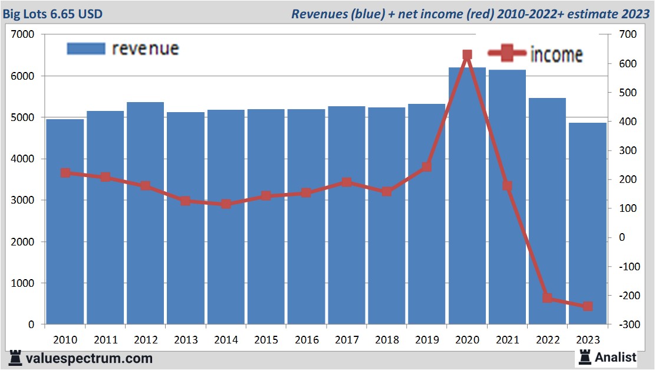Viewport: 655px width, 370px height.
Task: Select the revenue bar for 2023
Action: [x=587, y=224]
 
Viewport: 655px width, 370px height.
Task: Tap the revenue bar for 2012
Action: [x=145, y=212]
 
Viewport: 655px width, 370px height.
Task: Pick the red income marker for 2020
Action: [x=467, y=55]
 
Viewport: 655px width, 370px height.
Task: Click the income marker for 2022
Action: [x=547, y=298]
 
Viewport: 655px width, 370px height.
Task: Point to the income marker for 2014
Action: [x=226, y=204]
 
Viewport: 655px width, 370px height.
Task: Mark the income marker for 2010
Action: [x=65, y=173]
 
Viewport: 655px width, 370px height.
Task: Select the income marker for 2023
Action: [x=587, y=306]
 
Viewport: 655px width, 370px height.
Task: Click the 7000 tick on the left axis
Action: [x=23, y=35]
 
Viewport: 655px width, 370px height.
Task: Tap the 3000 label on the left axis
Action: [x=23, y=201]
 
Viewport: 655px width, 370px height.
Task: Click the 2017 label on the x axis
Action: [x=346, y=340]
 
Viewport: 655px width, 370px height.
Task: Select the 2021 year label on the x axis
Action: [x=507, y=340]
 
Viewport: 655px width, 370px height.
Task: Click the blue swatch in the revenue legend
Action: [x=85, y=48]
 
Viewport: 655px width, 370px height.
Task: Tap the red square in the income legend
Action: [x=506, y=54]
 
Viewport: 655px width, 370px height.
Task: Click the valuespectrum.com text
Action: [x=88, y=358]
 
